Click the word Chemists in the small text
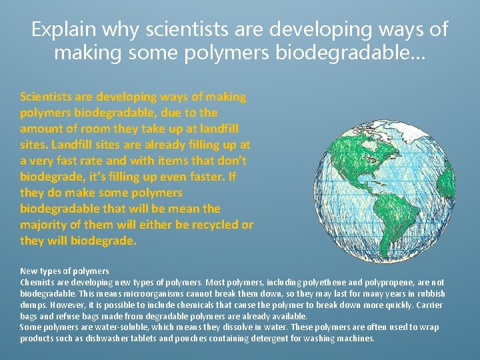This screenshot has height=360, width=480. (37, 283)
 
